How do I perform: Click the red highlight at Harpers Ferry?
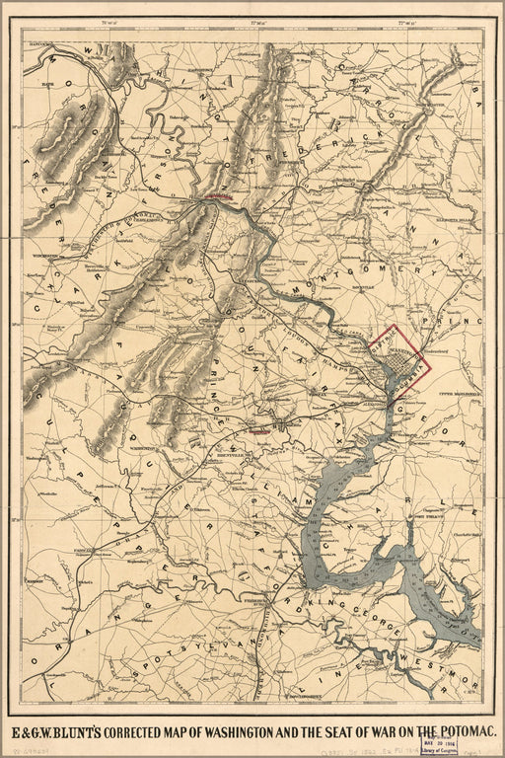click(220, 196)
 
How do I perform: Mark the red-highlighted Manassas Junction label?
click(259, 430)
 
